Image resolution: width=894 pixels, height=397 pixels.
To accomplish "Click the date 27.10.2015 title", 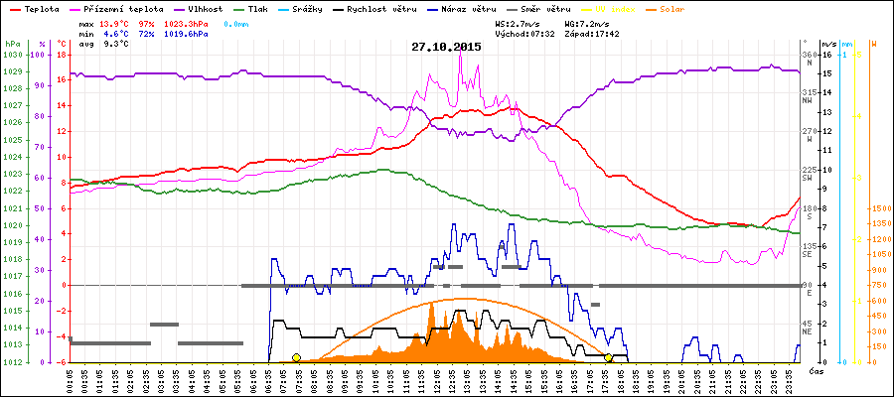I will click(447, 47).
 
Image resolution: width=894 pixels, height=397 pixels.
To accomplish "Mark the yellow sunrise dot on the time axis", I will click(296, 358).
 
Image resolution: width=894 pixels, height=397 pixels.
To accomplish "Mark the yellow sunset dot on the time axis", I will click(609, 358).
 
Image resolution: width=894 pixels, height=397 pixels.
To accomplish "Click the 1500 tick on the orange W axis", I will click(881, 209).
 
